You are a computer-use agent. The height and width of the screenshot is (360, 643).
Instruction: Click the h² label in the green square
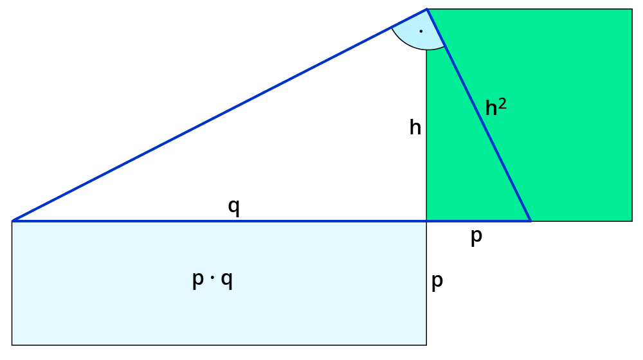coord(495,107)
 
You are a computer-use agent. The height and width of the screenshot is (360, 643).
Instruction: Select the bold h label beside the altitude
coord(415,128)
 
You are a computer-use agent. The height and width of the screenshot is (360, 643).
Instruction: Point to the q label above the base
coord(234,207)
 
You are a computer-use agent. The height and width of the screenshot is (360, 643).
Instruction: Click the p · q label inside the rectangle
coord(213,280)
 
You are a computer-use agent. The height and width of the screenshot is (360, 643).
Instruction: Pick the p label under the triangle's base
coord(476,237)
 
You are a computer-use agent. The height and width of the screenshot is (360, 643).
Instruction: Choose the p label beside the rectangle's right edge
coord(437,282)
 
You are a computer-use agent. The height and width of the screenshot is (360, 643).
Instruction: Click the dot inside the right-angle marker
coord(421,31)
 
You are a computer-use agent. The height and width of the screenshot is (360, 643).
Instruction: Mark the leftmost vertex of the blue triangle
coord(12,221)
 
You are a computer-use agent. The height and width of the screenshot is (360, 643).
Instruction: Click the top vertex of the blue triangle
coord(427,9)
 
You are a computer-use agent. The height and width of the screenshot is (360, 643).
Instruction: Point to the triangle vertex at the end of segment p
coord(530,221)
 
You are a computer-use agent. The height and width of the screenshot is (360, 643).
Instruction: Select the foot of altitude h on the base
coord(427,221)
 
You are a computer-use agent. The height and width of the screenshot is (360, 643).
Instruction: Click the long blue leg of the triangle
coord(219,115)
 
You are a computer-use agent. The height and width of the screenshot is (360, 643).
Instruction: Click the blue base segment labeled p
coord(479,221)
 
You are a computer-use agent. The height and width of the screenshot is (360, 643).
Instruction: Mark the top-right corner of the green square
coord(632,9)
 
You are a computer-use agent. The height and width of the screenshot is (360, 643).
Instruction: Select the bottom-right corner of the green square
coord(632,221)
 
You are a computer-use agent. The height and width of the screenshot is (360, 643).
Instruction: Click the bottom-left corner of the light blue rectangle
coord(12,345)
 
